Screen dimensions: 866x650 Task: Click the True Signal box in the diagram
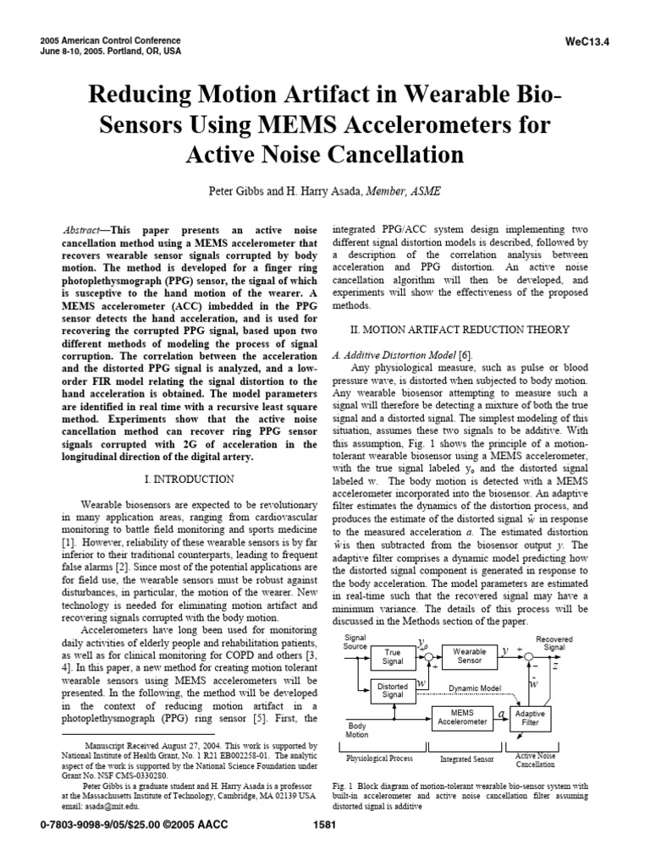point(392,657)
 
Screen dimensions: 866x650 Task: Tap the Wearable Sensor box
point(469,656)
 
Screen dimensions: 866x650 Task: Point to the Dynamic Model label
point(475,688)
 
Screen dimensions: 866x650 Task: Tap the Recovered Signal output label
point(554,643)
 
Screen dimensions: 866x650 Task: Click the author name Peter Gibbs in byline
point(240,192)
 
